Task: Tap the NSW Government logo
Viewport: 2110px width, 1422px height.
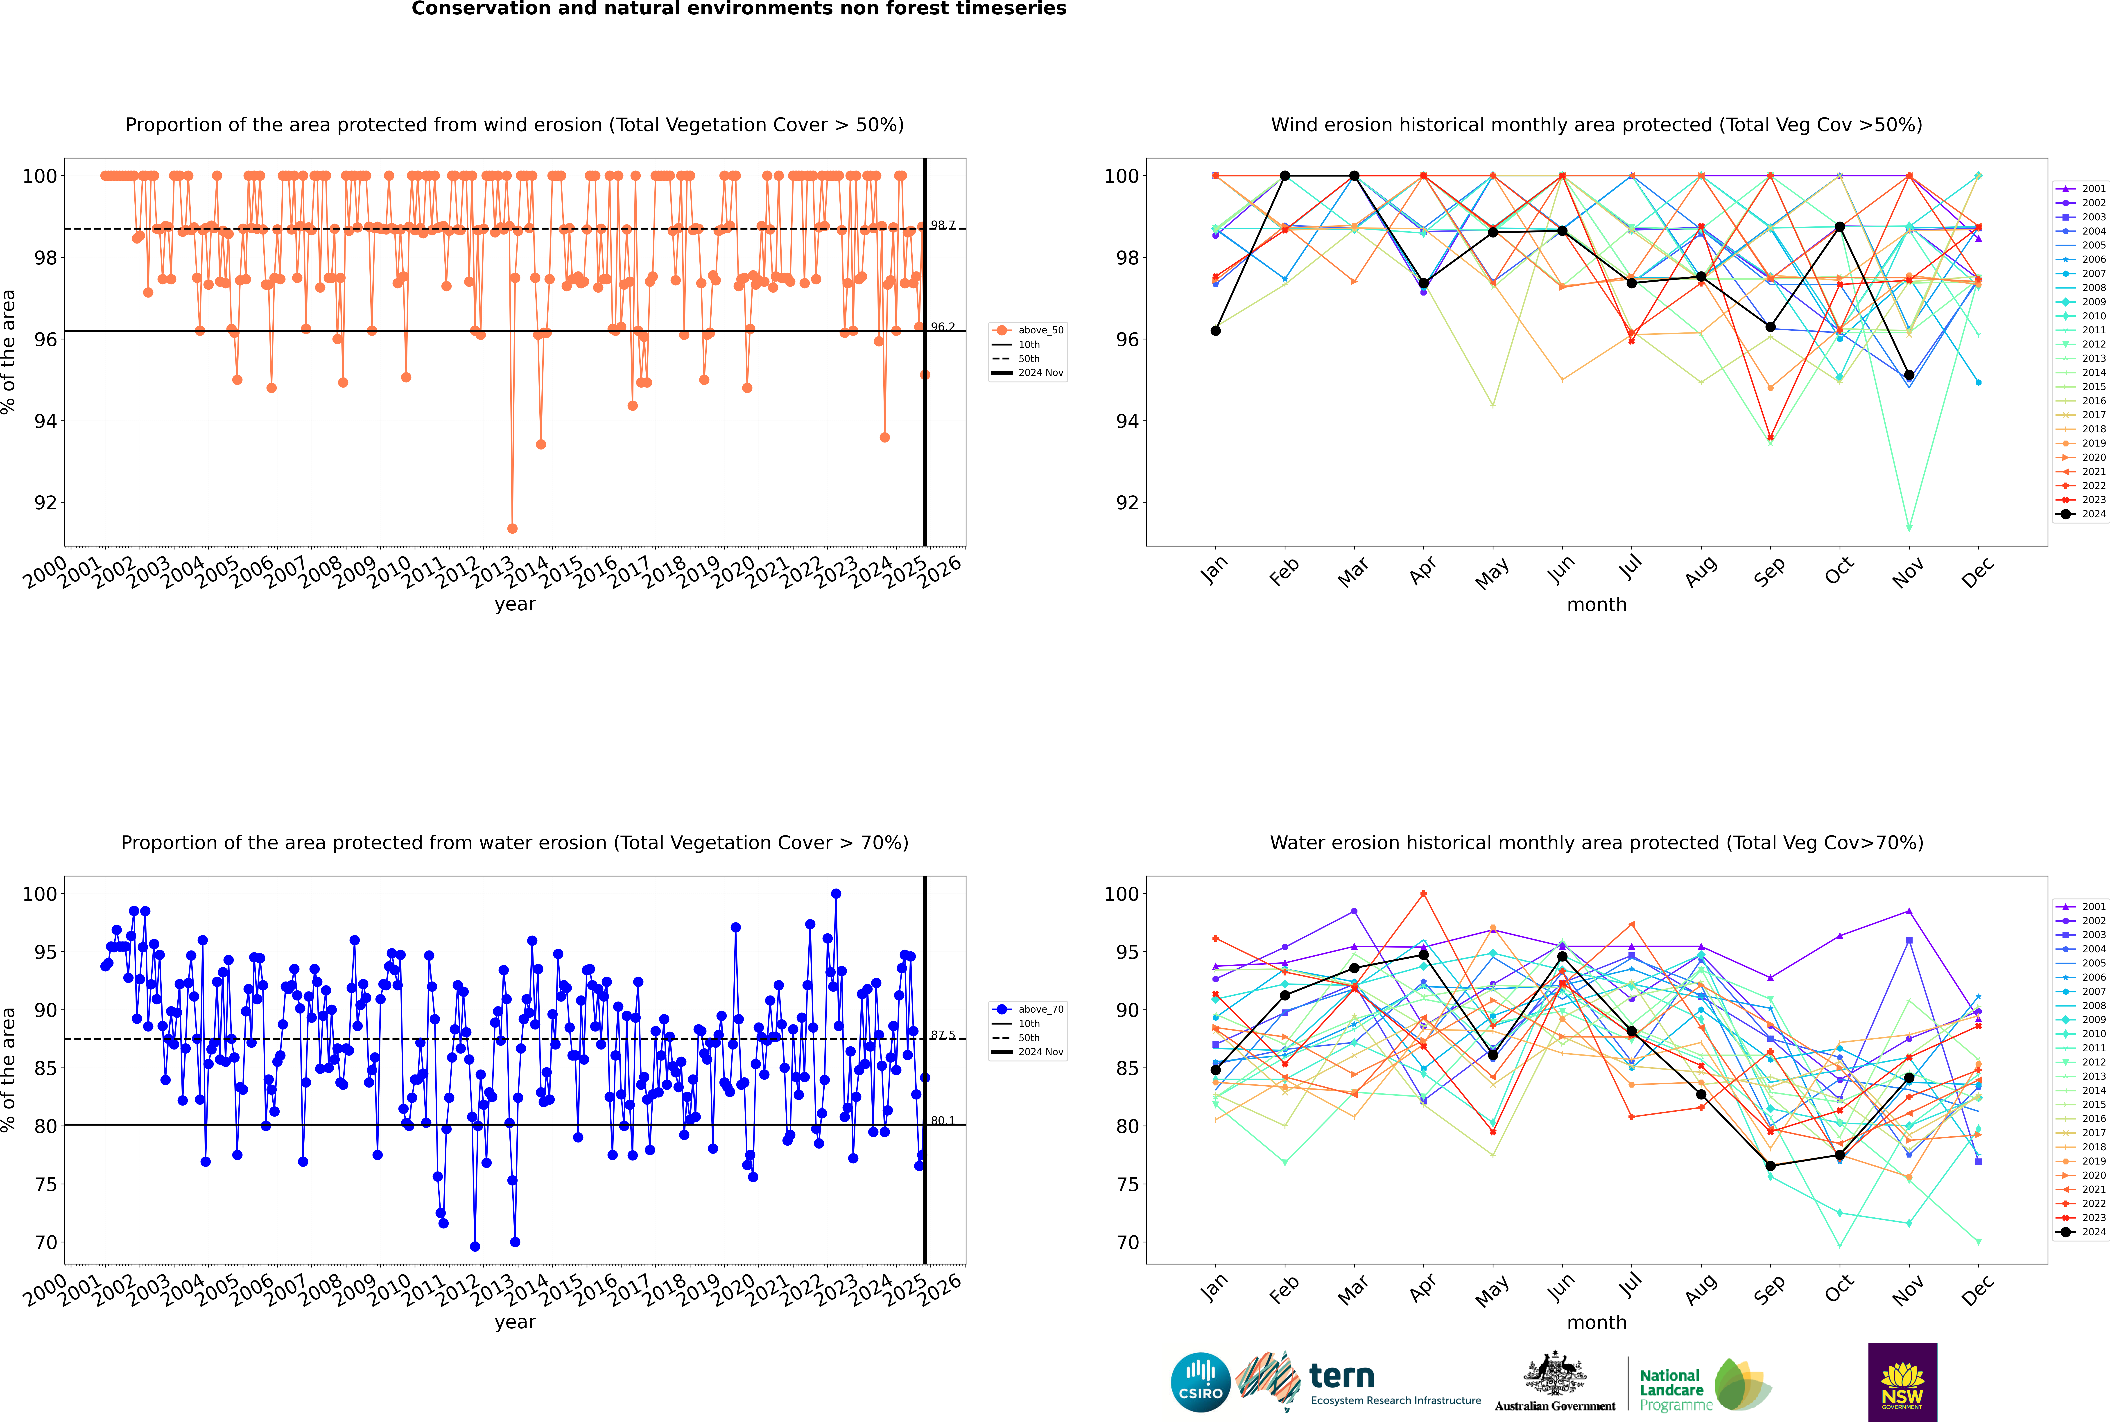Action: point(1902,1381)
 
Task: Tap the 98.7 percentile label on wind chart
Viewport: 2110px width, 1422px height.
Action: point(943,225)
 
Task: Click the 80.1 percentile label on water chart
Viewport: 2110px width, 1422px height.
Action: point(943,1121)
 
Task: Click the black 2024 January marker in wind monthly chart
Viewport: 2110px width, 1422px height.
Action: point(1216,331)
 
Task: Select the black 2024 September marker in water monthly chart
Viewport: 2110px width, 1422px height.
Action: point(1770,1166)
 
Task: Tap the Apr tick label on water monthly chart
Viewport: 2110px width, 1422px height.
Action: point(1422,1288)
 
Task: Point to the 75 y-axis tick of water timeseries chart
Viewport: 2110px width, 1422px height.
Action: point(44,1184)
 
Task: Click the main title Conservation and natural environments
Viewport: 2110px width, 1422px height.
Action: point(738,9)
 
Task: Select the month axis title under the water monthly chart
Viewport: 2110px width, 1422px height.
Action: point(1597,1322)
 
